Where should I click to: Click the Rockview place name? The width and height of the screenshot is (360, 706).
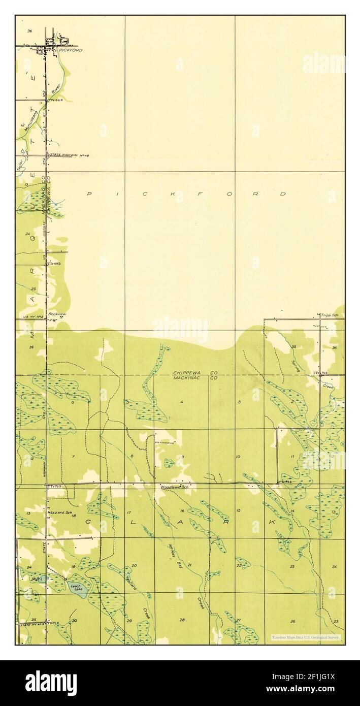coord(55,314)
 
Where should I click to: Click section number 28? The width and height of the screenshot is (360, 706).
coord(182,620)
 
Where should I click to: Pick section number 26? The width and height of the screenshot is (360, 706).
coord(292,621)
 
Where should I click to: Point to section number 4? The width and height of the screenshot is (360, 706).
coord(181,402)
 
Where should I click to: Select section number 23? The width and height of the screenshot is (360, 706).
coord(292,566)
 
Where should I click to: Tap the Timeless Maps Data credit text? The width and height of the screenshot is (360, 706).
coord(306,637)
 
